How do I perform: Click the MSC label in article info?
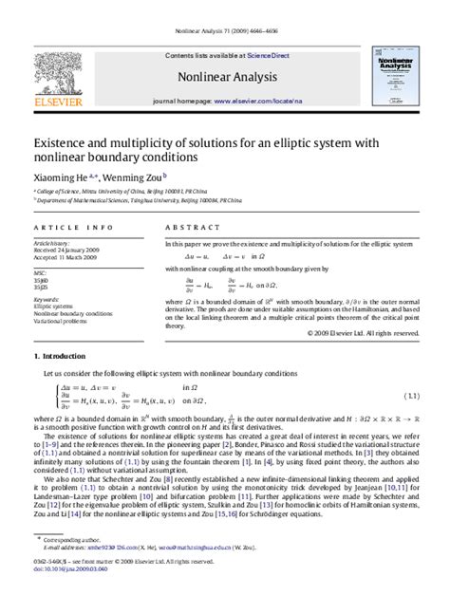pyautogui.click(x=41, y=272)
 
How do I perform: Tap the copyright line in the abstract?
pyautogui.click(x=364, y=333)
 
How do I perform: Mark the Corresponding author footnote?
pyautogui.click(x=78, y=566)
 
